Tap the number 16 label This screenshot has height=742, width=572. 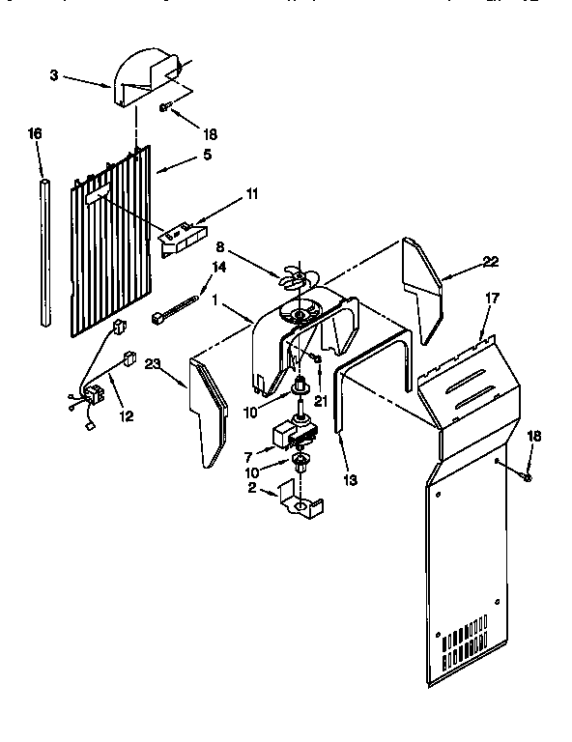(36, 135)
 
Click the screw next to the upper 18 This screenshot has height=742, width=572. (168, 108)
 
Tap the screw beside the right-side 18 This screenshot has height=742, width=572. (528, 474)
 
